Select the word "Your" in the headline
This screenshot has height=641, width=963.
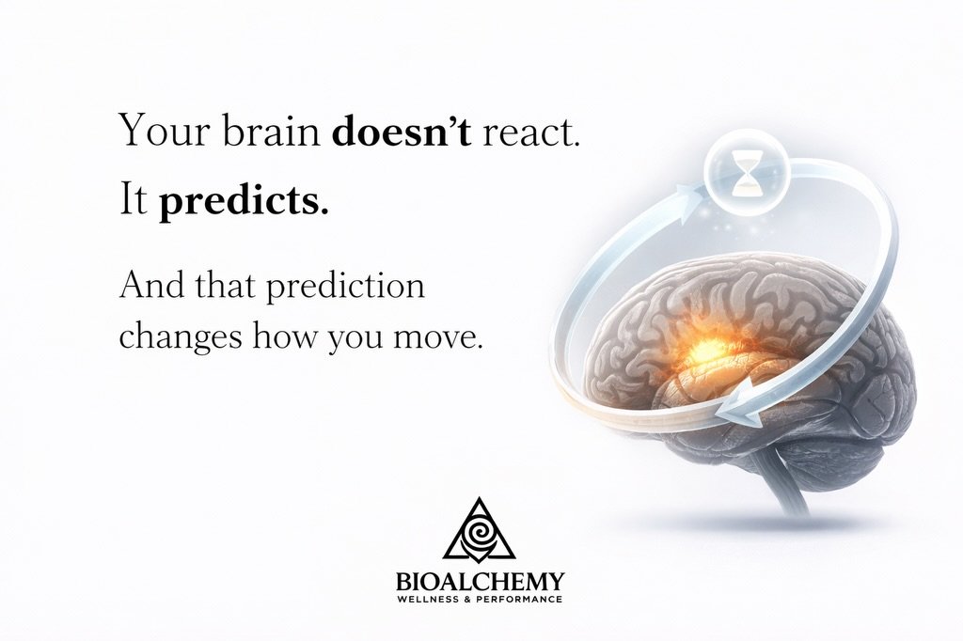click(x=158, y=132)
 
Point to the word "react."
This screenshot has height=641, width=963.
click(x=532, y=132)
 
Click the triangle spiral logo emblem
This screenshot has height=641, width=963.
click(x=480, y=531)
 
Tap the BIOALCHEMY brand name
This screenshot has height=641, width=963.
click(x=480, y=582)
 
